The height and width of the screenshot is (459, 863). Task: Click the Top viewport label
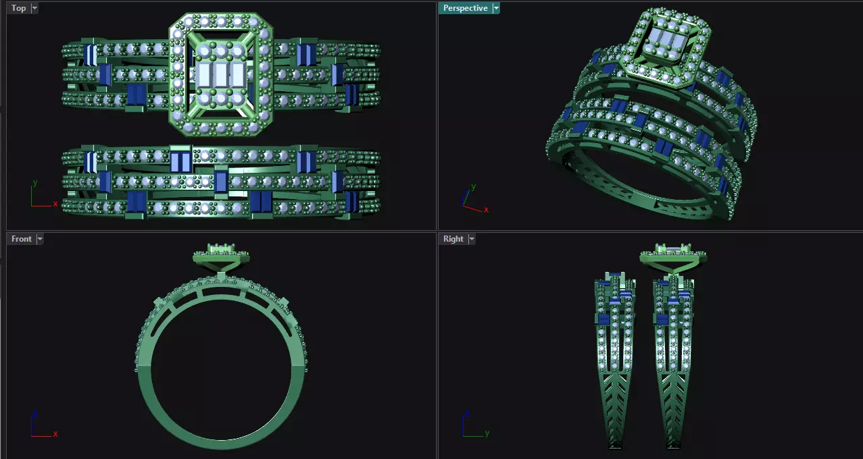[x=18, y=8]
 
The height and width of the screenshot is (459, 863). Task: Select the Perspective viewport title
[x=465, y=8]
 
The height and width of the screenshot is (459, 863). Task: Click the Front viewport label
[x=21, y=239]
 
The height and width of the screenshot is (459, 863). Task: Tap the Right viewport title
[x=453, y=239]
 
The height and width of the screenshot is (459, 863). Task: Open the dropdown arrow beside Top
[x=34, y=8]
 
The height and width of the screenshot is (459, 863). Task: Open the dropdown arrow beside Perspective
[x=496, y=8]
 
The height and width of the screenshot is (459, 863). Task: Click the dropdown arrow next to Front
[x=40, y=239]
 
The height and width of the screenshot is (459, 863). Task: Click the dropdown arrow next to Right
[x=471, y=239]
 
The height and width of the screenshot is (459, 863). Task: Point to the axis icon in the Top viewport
[x=41, y=196]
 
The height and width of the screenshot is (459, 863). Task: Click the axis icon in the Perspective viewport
[x=472, y=200]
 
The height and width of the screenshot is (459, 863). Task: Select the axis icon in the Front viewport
[x=41, y=427]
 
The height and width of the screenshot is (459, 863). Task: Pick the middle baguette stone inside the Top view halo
[x=220, y=74]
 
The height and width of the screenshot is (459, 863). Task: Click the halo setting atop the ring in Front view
[x=221, y=256]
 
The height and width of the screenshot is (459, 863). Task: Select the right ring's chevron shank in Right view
[x=672, y=405]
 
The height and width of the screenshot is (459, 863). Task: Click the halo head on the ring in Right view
[x=672, y=256]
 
